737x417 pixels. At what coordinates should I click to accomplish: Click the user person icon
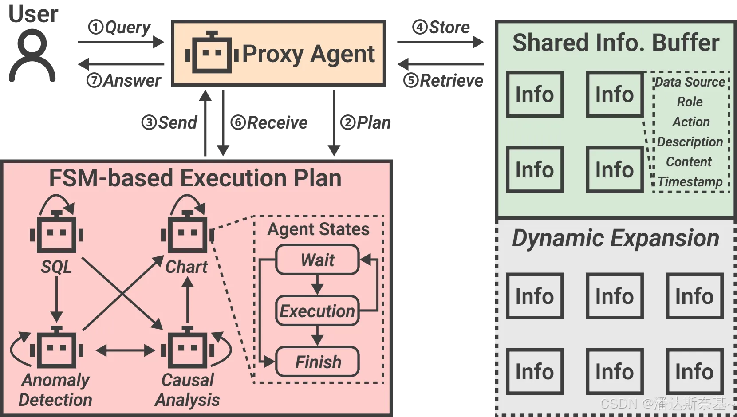[32, 55]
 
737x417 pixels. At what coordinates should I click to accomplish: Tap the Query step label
[120, 28]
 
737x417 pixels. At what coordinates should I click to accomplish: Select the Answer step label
[124, 81]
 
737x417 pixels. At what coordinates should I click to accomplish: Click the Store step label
[441, 28]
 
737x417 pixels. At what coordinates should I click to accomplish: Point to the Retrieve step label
[443, 81]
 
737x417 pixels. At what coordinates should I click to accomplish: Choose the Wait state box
[317, 260]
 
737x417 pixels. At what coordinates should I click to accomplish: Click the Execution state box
[317, 311]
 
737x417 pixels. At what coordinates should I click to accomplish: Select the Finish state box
[317, 362]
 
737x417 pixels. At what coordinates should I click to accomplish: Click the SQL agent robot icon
[56, 233]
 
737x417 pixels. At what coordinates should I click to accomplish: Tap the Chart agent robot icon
[188, 233]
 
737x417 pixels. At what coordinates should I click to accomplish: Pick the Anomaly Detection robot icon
[56, 348]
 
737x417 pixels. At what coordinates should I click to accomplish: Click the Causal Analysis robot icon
[188, 348]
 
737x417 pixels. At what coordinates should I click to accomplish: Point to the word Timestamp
[690, 182]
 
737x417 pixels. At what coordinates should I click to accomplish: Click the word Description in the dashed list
[690, 142]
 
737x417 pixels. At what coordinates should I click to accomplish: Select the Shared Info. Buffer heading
[615, 43]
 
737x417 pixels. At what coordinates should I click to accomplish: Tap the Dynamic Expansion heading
[615, 238]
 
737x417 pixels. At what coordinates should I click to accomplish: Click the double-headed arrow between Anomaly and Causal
[125, 351]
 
